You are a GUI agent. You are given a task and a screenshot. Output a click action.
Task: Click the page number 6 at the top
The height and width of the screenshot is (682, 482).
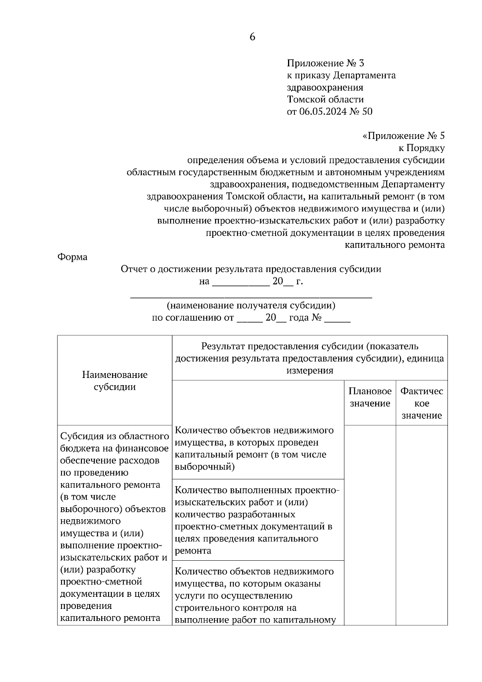point(252,37)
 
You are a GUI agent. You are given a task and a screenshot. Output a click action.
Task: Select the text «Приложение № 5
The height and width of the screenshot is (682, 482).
point(404,136)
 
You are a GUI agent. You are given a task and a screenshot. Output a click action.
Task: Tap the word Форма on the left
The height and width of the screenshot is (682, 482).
point(72,257)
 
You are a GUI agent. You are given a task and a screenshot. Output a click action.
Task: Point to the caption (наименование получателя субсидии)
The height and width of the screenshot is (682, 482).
point(251,305)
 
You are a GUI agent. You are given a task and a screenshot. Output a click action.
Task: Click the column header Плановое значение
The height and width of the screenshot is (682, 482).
point(370,397)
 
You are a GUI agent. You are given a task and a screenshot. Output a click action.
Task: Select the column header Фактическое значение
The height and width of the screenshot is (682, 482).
point(422,403)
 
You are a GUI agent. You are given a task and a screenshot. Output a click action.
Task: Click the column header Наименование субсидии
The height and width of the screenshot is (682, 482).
point(114,381)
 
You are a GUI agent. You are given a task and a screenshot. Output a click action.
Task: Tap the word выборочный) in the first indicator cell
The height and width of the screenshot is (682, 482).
point(205,467)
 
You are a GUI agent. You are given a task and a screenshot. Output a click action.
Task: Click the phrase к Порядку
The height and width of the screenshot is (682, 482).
point(421,148)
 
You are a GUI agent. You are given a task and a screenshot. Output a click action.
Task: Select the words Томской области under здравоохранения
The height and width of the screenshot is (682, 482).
point(325,99)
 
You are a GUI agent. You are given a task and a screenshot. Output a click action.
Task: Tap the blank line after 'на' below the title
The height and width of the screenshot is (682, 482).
point(240,282)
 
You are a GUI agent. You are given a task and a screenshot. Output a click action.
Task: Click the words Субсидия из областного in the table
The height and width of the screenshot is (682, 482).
point(114,436)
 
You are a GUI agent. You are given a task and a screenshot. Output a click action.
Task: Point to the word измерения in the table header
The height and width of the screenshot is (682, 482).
point(310,370)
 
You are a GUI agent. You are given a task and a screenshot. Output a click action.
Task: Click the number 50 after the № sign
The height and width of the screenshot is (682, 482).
point(367,111)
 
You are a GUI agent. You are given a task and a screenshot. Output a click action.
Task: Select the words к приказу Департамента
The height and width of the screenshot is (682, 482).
point(341,75)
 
